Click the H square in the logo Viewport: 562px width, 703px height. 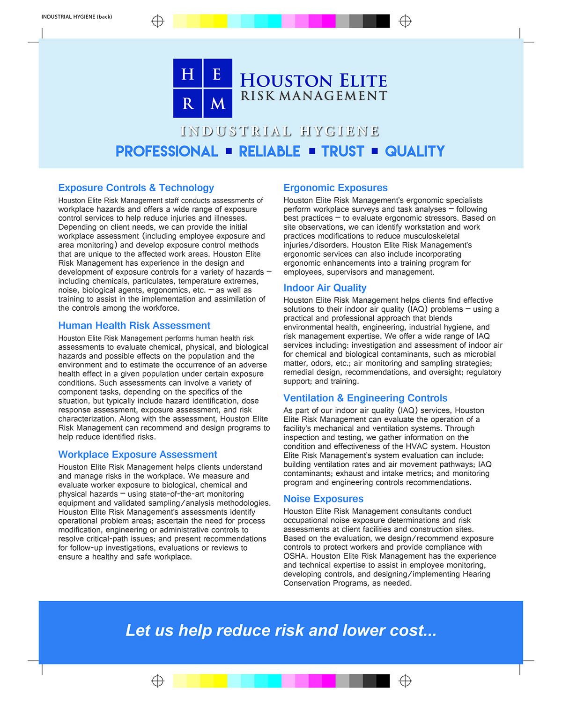pyautogui.click(x=187, y=73)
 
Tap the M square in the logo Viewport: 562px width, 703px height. pyautogui.click(x=218, y=103)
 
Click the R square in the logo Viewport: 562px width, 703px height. pyautogui.click(x=187, y=103)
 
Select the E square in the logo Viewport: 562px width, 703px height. pyautogui.click(x=218, y=73)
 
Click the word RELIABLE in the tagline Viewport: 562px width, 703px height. pyautogui.click(x=269, y=151)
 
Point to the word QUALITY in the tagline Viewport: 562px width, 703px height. pyautogui.click(x=414, y=151)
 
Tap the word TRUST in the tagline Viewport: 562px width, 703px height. pyautogui.click(x=342, y=151)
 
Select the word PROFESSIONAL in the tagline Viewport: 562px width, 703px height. pyautogui.click(x=167, y=151)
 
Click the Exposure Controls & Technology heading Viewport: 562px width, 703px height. pyautogui.click(x=136, y=188)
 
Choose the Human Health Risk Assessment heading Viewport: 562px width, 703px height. pyautogui.click(x=134, y=326)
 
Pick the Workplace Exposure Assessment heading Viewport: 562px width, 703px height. pyautogui.click(x=138, y=455)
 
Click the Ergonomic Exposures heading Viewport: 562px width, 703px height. pyautogui.click(x=335, y=188)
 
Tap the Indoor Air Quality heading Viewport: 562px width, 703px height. pyautogui.click(x=325, y=288)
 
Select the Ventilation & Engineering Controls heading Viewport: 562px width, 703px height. pyautogui.click(x=365, y=398)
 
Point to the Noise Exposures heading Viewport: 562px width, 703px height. pyautogui.click(x=323, y=499)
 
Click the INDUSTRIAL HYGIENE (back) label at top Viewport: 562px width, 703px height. pyautogui.click(x=77, y=17)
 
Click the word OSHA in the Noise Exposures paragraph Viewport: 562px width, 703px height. pyautogui.click(x=295, y=556)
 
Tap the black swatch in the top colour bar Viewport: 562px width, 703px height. pyautogui.click(x=383, y=21)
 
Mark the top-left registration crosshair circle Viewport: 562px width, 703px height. pyautogui.click(x=158, y=21)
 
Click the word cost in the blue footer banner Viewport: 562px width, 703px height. pyautogui.click(x=407, y=631)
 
